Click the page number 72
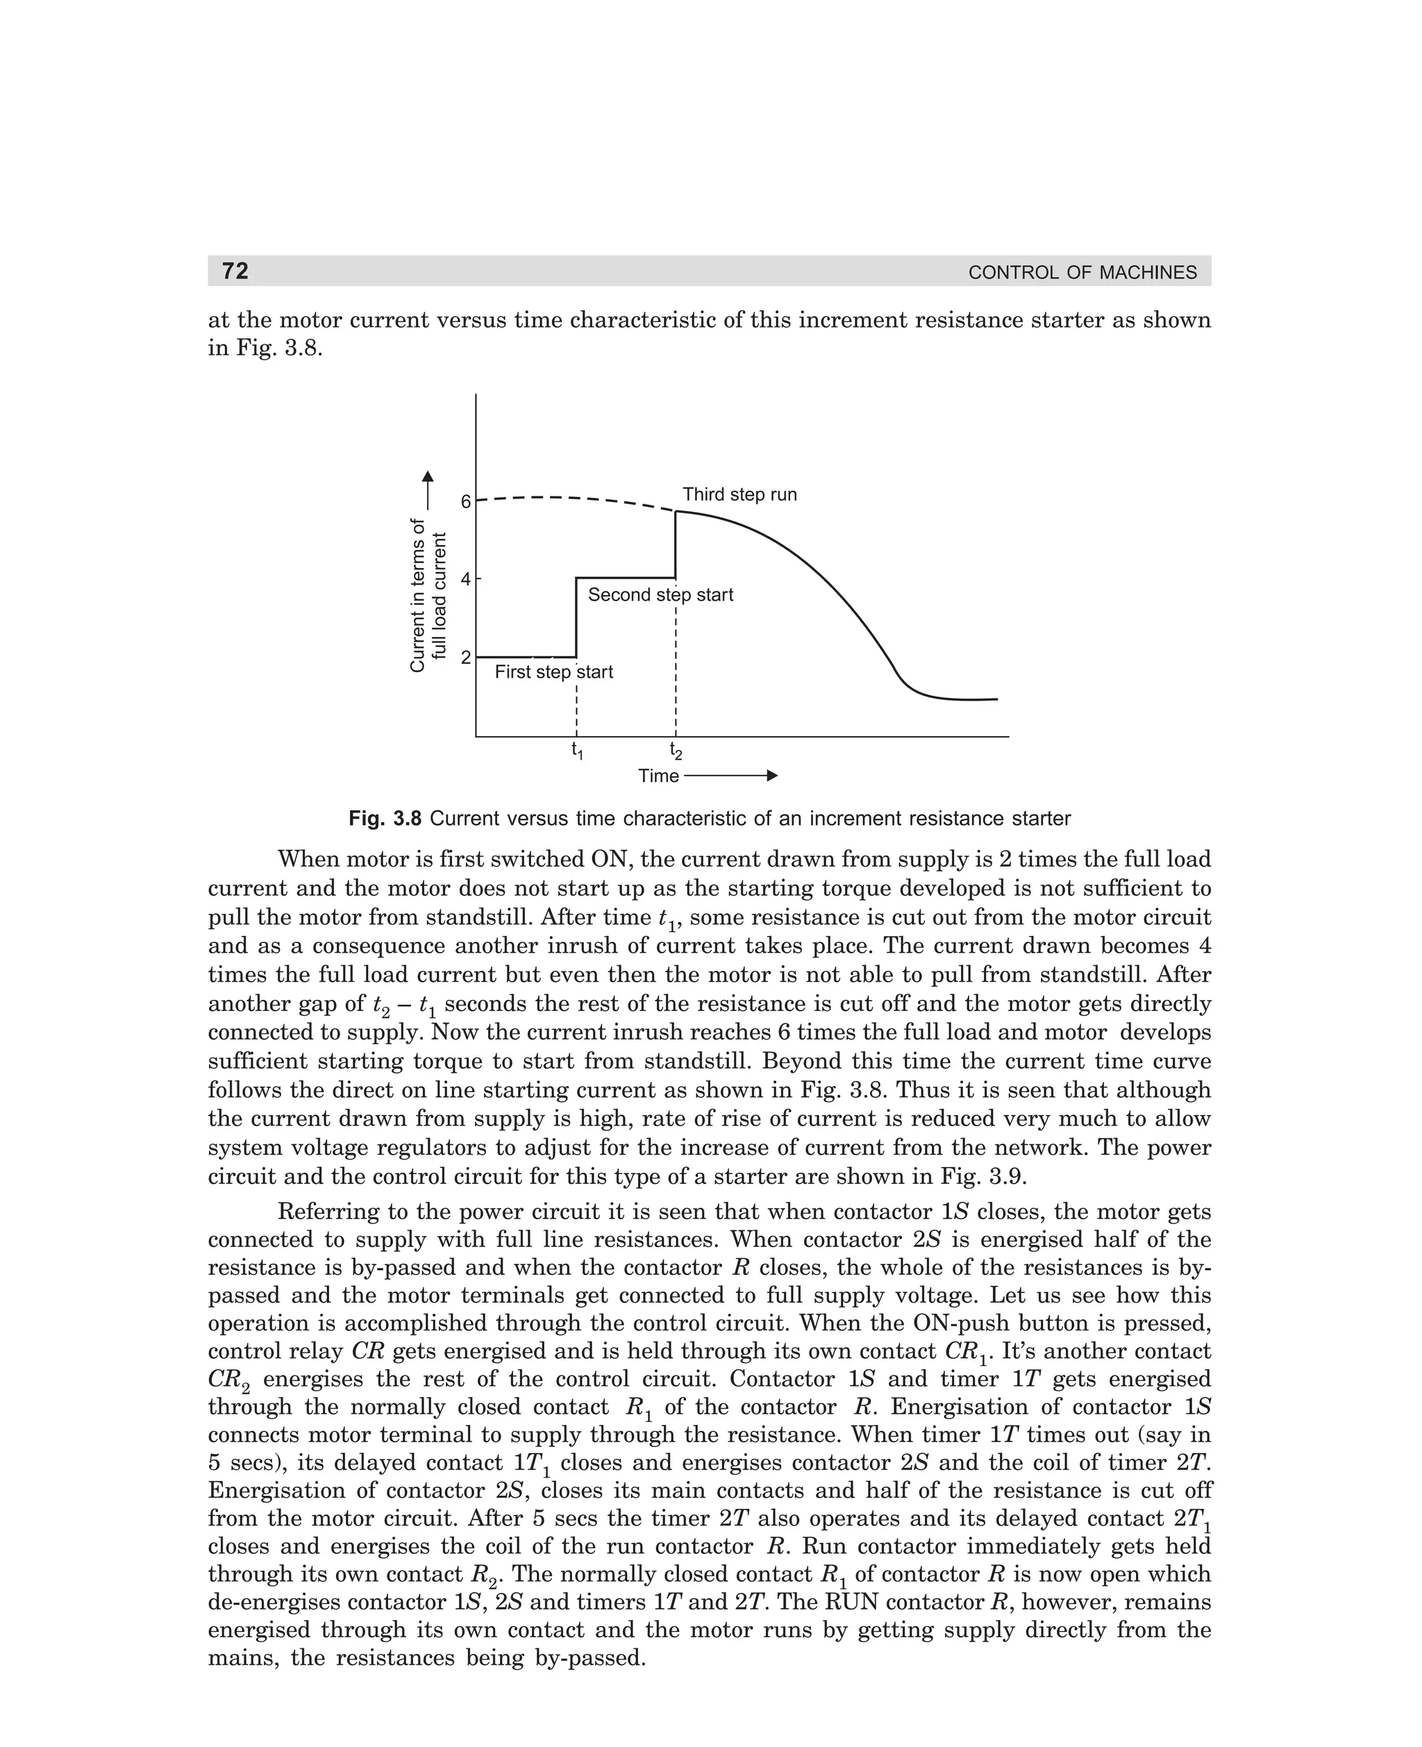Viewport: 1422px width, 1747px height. coord(235,270)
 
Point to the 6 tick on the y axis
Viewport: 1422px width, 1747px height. coord(466,501)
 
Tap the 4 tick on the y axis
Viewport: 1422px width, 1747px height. coord(466,579)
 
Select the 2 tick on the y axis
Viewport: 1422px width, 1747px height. coord(466,658)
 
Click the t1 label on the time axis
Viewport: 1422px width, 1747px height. coord(578,749)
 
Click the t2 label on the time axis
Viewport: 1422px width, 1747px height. coord(676,749)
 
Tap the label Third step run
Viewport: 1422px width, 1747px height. coord(739,494)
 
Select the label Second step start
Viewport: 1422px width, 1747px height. coord(660,596)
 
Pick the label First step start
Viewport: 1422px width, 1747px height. coord(553,672)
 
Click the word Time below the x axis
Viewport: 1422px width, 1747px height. coord(658,776)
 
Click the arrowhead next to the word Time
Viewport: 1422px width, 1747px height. coord(771,775)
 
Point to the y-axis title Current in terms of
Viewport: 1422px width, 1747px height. coord(418,596)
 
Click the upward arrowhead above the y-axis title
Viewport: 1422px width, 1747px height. coord(428,477)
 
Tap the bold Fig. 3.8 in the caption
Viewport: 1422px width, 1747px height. coord(385,818)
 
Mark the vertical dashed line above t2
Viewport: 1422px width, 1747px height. coord(676,671)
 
